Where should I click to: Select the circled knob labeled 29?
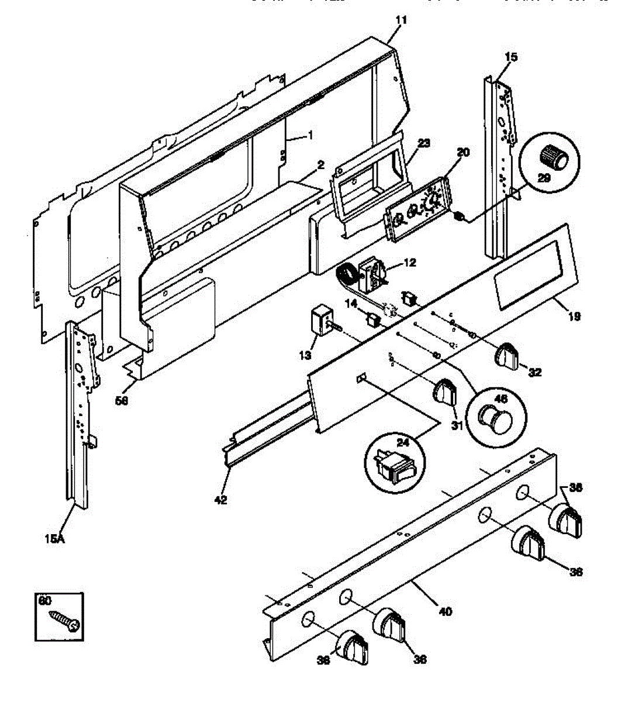pyautogui.click(x=553, y=157)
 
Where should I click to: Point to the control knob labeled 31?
pyautogui.click(x=445, y=391)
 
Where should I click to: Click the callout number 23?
pyautogui.click(x=424, y=142)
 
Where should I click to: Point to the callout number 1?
pyautogui.click(x=310, y=135)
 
